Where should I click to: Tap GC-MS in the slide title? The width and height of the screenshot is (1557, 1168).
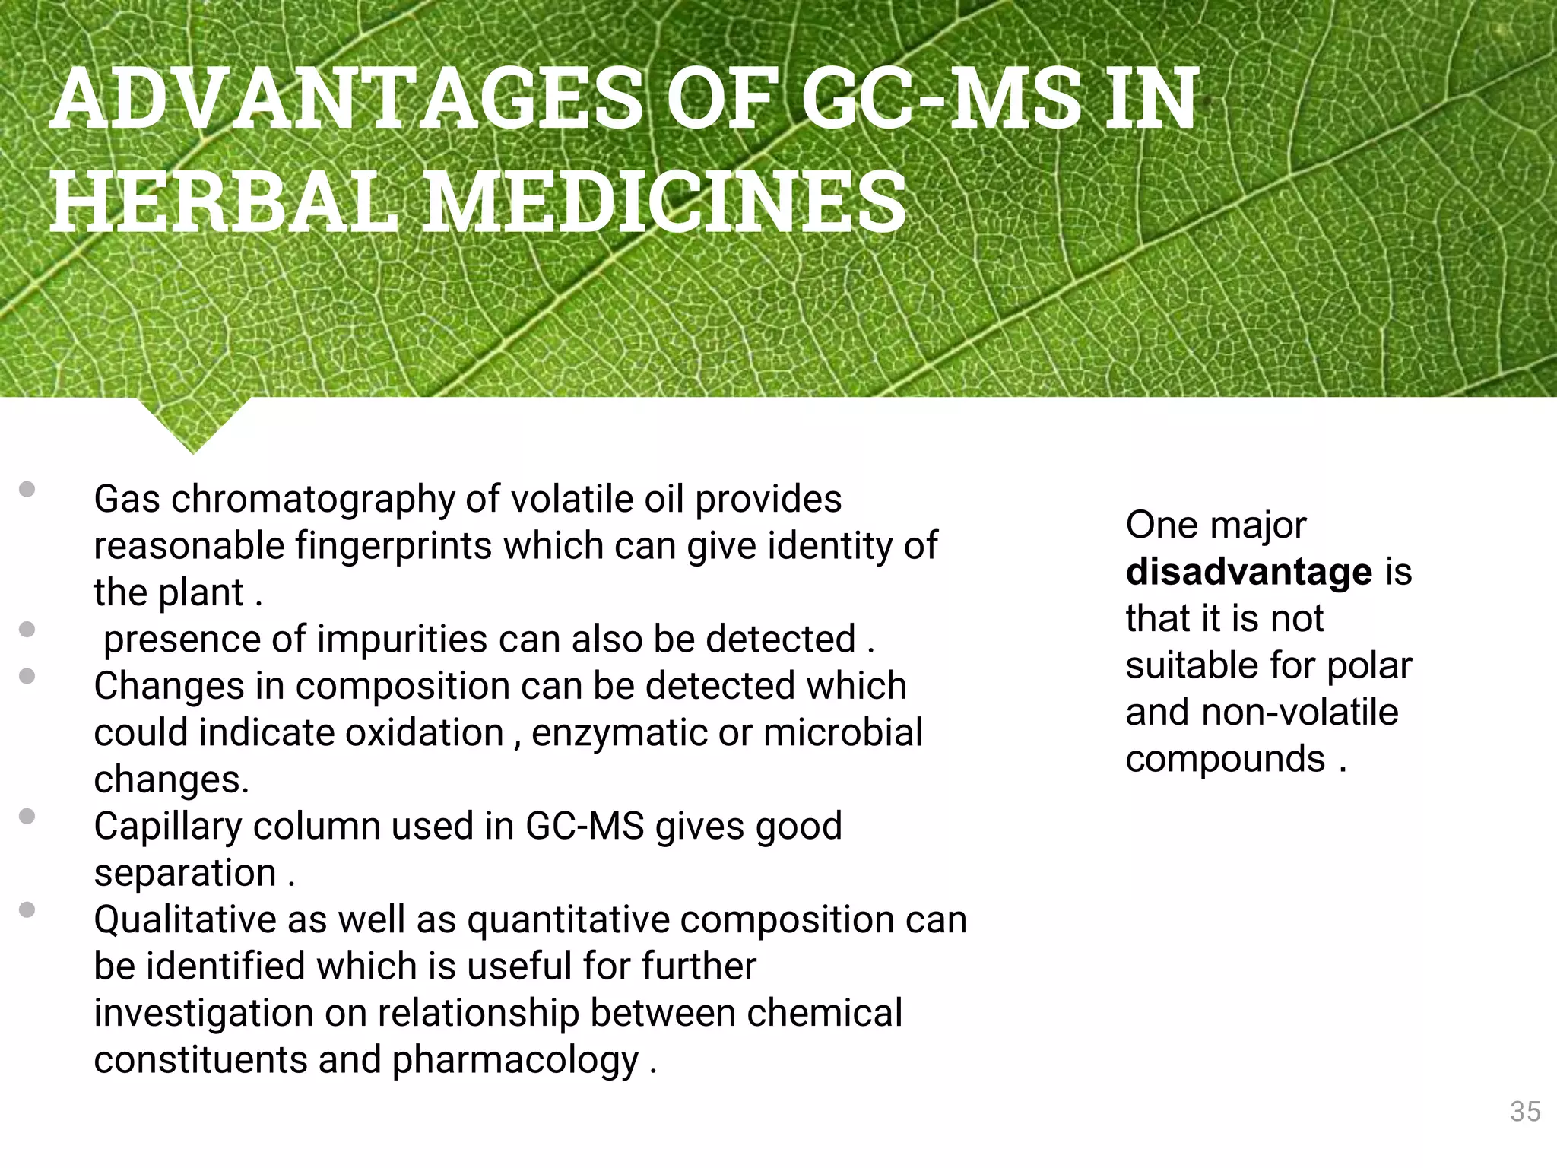tap(940, 99)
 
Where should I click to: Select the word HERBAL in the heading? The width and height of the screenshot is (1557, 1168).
tap(224, 202)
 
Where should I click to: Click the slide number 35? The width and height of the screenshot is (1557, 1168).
tap(1524, 1112)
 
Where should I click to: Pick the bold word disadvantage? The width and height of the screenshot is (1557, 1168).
tap(1249, 572)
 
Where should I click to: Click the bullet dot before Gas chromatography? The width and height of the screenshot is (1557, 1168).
tap(27, 489)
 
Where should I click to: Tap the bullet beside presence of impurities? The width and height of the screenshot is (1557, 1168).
tap(27, 629)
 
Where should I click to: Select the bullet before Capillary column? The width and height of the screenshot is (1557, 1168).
tap(27, 816)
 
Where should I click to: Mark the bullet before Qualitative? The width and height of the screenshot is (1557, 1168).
tap(27, 909)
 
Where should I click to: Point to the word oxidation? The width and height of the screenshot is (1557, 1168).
tap(425, 733)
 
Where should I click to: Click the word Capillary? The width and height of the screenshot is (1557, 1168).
tap(167, 827)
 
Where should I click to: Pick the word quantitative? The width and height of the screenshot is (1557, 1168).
tap(569, 920)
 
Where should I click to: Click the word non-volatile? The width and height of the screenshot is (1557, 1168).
tap(1300, 713)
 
